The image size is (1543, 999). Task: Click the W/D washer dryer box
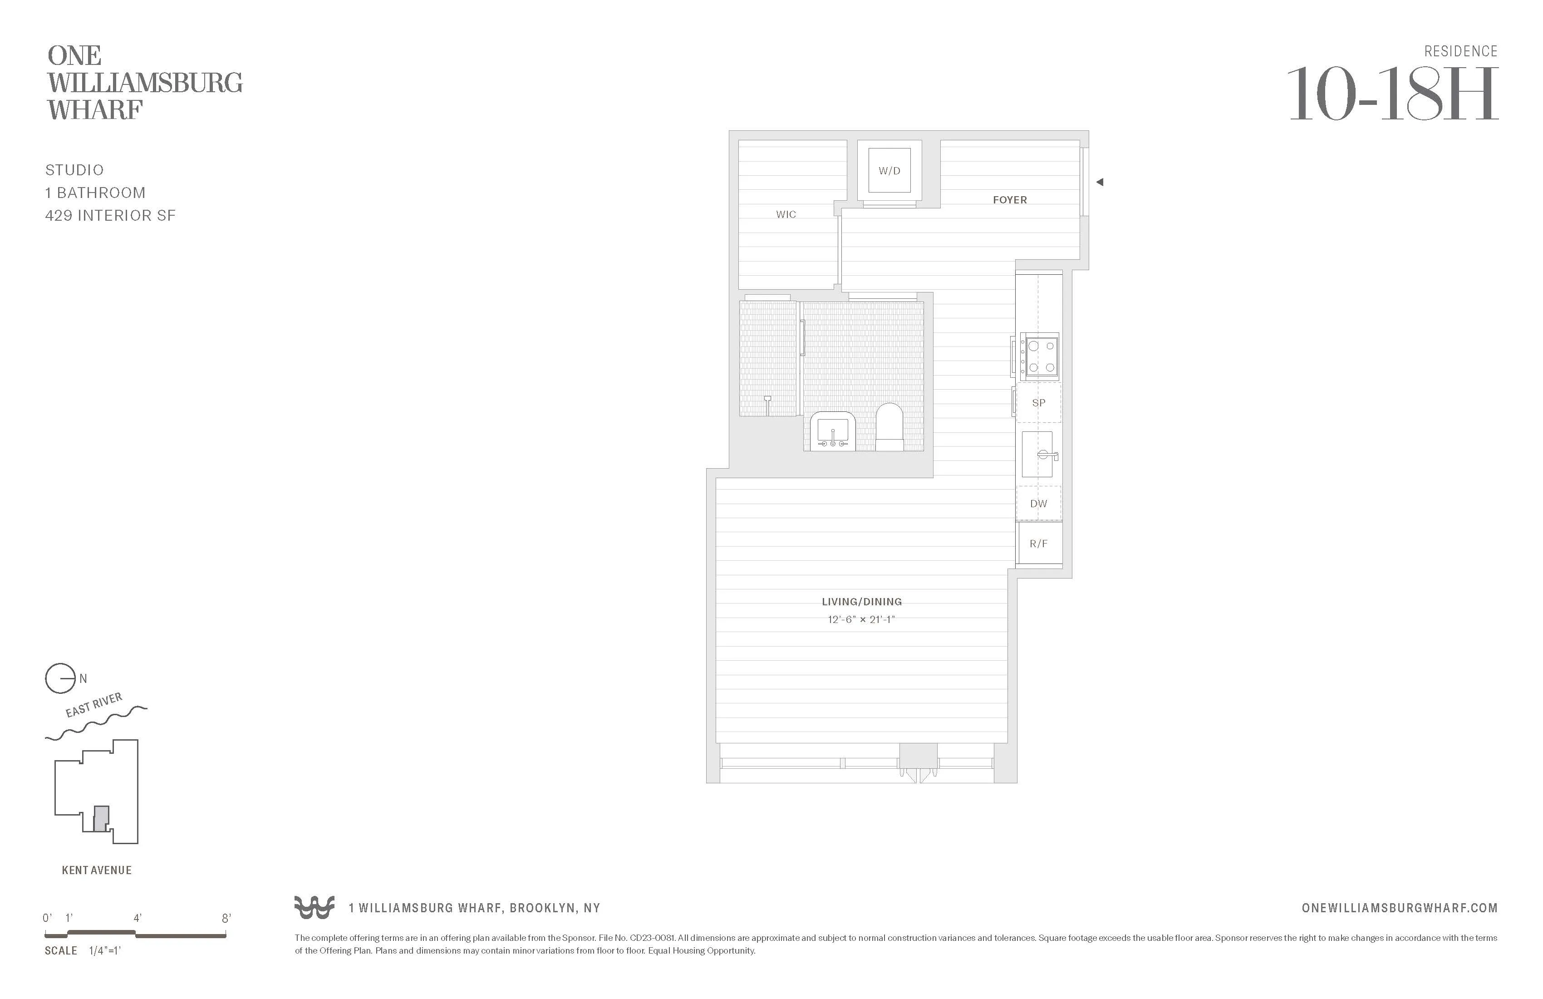point(889,171)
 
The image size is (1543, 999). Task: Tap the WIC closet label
point(786,214)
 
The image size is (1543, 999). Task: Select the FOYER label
point(1009,200)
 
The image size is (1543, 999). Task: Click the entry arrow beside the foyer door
point(1100,182)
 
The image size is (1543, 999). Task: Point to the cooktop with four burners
point(1039,356)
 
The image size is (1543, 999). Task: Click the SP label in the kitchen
point(1039,403)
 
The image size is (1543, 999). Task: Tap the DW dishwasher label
point(1039,504)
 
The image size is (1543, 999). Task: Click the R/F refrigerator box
point(1039,544)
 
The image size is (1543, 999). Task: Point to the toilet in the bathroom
point(889,427)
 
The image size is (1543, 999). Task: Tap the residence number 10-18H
point(1392,95)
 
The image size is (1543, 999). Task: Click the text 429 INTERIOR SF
point(110,215)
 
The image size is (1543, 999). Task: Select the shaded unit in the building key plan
point(100,819)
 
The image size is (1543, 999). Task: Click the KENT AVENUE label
point(97,870)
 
